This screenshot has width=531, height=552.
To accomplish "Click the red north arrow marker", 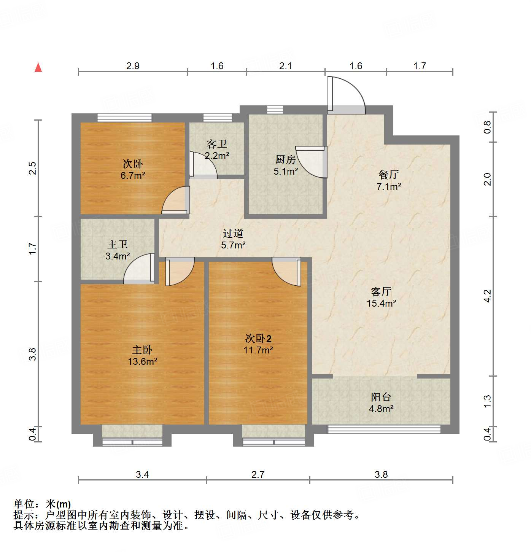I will pyautogui.click(x=38, y=67).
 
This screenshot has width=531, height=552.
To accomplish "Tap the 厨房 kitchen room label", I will pyautogui.click(x=285, y=159).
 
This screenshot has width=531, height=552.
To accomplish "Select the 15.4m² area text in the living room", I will pyautogui.click(x=381, y=303).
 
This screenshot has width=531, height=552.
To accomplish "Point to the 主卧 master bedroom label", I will pyautogui.click(x=142, y=350).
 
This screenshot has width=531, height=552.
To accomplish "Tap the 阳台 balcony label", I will pyautogui.click(x=381, y=397).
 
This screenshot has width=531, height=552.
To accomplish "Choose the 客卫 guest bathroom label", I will pyautogui.click(x=217, y=144).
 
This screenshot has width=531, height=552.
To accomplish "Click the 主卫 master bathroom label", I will pyautogui.click(x=118, y=244).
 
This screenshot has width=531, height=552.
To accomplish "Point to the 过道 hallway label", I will pyautogui.click(x=233, y=233).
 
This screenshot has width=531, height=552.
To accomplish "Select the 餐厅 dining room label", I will pyautogui.click(x=388, y=175).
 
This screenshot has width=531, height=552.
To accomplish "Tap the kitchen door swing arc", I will pyautogui.click(x=311, y=162).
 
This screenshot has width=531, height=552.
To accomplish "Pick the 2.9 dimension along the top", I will pyautogui.click(x=133, y=66).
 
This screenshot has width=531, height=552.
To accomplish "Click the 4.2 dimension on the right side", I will pyautogui.click(x=487, y=296).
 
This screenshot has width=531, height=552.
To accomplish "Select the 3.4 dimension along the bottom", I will pyautogui.click(x=142, y=474).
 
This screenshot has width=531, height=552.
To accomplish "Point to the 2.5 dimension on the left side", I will pyautogui.click(x=33, y=168).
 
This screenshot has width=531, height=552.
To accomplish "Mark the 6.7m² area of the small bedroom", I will pyautogui.click(x=133, y=176).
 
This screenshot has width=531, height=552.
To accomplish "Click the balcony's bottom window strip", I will pyautogui.click(x=384, y=429).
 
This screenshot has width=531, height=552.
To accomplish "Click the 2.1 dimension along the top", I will pyautogui.click(x=285, y=66).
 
